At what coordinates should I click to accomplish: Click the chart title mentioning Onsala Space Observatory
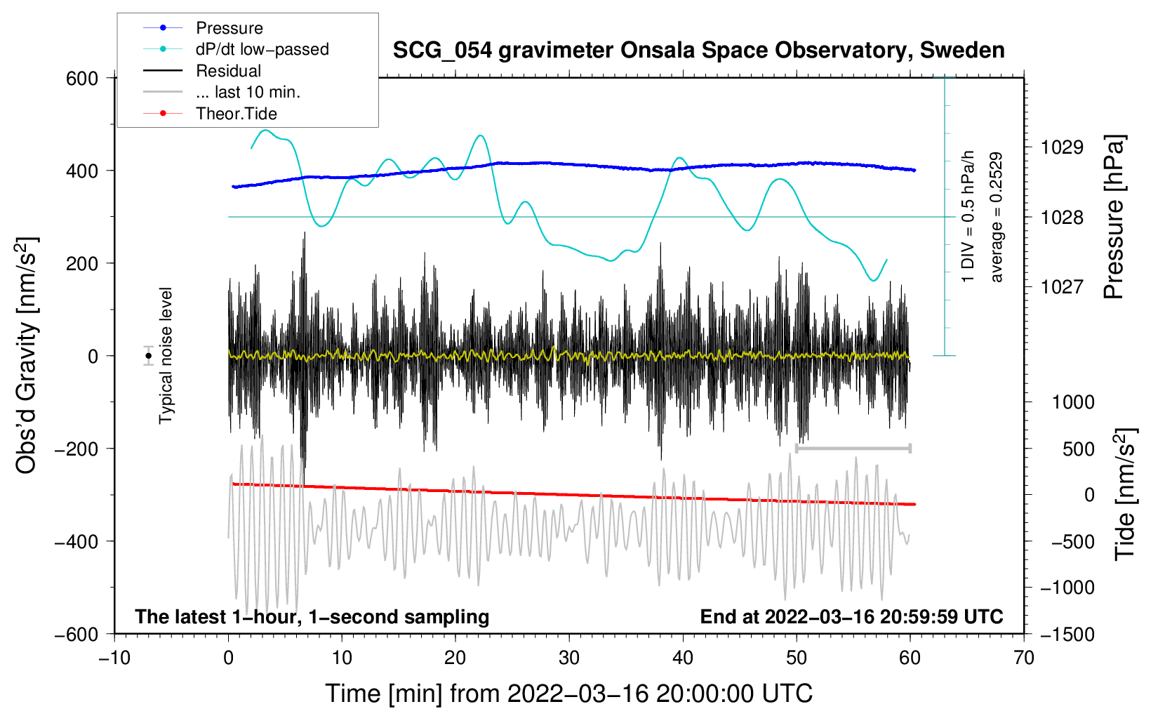(698, 51)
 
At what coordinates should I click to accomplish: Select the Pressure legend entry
(229, 28)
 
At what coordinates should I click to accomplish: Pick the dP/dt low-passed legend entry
(262, 49)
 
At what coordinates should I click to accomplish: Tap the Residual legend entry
(228, 71)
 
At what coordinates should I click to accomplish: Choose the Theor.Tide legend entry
(236, 114)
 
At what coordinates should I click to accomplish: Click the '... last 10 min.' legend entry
(248, 92)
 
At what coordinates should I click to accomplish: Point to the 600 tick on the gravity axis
(82, 78)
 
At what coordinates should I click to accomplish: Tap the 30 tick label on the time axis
(569, 658)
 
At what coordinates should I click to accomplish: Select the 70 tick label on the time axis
(1024, 658)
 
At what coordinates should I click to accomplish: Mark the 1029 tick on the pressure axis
(1062, 147)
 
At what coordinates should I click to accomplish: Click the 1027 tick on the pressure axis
(1062, 286)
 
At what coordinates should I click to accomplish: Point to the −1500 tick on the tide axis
(1067, 634)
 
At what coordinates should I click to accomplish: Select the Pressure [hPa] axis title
(1114, 218)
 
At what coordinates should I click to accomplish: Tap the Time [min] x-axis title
(568, 694)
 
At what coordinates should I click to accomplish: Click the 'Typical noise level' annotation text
(166, 355)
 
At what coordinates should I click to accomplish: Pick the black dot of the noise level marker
(148, 356)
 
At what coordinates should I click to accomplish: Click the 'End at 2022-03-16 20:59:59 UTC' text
(851, 616)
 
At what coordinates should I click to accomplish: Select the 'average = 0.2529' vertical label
(996, 218)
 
